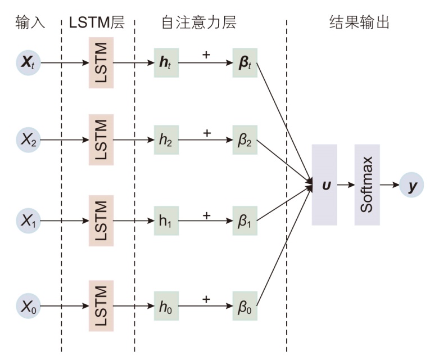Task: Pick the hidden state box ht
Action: point(166,62)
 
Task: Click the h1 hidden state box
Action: point(166,220)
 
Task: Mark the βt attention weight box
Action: point(245,62)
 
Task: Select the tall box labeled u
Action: point(324,184)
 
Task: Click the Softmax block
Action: point(367,184)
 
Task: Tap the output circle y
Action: point(412,184)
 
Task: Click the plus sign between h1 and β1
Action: point(206,214)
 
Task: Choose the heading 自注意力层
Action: point(198,22)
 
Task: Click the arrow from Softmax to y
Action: point(390,184)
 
